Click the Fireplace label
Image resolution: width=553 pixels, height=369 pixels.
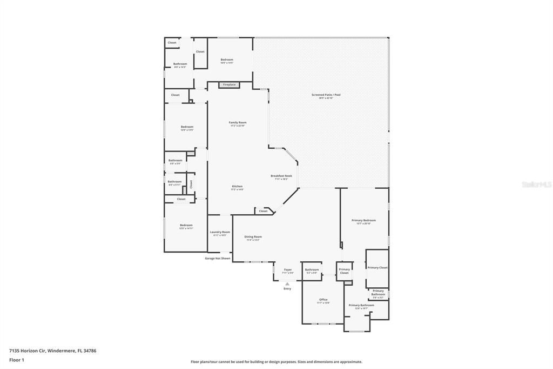[x=230, y=85]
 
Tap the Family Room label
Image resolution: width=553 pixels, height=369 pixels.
[x=238, y=123]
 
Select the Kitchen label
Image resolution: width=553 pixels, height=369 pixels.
[x=237, y=186]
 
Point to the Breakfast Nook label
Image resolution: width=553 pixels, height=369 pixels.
[x=281, y=176]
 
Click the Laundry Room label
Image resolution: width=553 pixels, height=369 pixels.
[x=220, y=232]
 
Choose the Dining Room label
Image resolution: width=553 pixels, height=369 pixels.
[x=253, y=236]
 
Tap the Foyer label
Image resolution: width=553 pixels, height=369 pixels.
[x=288, y=269]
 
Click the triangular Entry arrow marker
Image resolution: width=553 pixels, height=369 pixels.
[x=287, y=283]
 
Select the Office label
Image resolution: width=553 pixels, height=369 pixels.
[x=323, y=300]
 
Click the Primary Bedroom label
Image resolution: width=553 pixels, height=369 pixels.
[x=363, y=220]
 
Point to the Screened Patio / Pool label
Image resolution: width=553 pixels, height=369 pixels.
[x=326, y=95]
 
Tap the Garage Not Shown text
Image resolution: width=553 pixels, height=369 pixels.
[x=218, y=259]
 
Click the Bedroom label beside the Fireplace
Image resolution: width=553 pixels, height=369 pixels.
[x=227, y=60]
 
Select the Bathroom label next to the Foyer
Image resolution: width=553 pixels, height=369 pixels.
[x=312, y=269]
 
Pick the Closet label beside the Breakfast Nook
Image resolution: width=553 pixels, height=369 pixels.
[x=263, y=211]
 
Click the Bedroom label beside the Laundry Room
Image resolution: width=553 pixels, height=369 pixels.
[x=186, y=225]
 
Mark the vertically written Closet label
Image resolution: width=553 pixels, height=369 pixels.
[x=191, y=184]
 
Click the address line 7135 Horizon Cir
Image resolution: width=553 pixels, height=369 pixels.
[x=52, y=351]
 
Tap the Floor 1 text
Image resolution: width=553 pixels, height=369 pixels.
[x=17, y=360]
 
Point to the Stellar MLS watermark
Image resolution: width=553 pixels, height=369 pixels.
[x=536, y=184]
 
